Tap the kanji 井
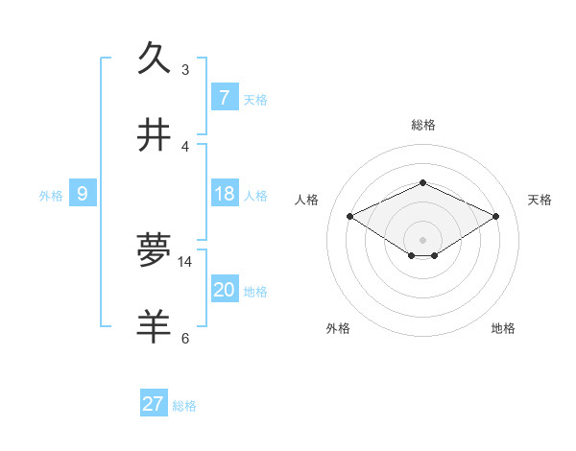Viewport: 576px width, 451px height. (154, 135)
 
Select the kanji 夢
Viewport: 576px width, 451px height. (154, 249)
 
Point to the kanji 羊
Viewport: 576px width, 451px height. (154, 326)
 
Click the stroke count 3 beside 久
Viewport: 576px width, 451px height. (185, 69)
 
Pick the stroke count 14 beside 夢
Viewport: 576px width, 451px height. (185, 261)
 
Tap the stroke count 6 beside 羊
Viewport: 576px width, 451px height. (185, 338)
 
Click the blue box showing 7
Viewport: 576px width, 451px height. (225, 98)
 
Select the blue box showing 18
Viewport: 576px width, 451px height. (225, 194)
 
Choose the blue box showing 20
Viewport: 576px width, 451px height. (225, 290)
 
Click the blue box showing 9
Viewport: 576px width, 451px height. (83, 194)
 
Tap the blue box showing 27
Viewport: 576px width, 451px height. (154, 404)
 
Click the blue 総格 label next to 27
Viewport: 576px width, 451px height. (185, 406)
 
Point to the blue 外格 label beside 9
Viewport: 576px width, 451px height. (51, 196)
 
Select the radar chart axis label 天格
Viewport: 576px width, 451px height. (540, 200)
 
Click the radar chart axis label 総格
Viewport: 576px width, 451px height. (422, 125)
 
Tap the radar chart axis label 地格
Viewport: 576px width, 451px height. (503, 328)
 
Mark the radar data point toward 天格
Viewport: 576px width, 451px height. (496, 216)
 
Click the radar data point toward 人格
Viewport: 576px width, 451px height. (349, 216)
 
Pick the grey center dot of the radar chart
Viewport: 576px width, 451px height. (422, 239)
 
